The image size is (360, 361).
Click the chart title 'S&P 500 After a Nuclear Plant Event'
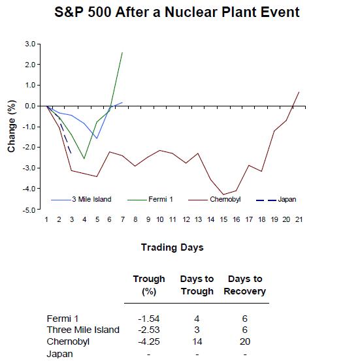(180, 12)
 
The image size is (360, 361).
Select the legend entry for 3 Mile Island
(91, 200)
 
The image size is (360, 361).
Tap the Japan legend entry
(286, 200)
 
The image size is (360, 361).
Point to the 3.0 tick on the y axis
(29, 44)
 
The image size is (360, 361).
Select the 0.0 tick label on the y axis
(29, 106)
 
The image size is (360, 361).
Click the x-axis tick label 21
(299, 219)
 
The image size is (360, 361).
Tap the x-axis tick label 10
(160, 219)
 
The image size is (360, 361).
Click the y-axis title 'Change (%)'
(12, 127)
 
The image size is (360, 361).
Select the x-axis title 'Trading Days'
(172, 247)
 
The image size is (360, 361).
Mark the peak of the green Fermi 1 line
(122, 52)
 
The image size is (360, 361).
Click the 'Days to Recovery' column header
(244, 285)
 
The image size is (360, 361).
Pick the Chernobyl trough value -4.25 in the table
(148, 341)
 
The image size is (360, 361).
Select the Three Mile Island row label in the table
(83, 330)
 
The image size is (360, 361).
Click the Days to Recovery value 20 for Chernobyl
(244, 341)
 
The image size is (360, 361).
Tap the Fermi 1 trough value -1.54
(148, 318)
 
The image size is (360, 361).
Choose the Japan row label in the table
(60, 354)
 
